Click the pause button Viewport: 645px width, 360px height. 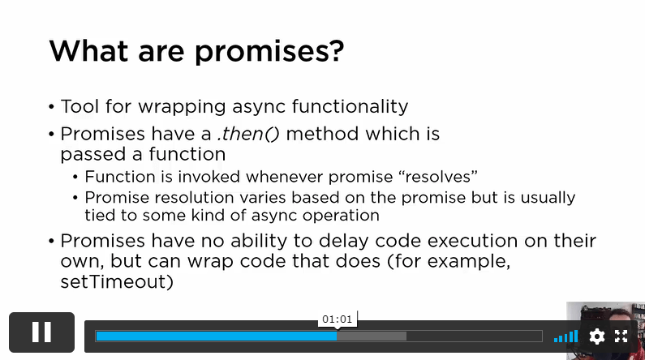(x=41, y=332)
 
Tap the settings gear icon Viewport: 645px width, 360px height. (x=597, y=336)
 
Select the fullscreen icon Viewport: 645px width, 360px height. (x=621, y=336)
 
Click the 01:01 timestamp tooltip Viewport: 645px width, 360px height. (x=338, y=319)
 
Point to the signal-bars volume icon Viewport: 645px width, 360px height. (x=566, y=336)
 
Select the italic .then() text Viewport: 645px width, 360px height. (x=248, y=134)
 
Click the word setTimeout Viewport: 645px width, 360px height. (x=114, y=282)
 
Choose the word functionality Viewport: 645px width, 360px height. (x=350, y=106)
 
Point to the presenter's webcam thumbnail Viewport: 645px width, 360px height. (x=605, y=331)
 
